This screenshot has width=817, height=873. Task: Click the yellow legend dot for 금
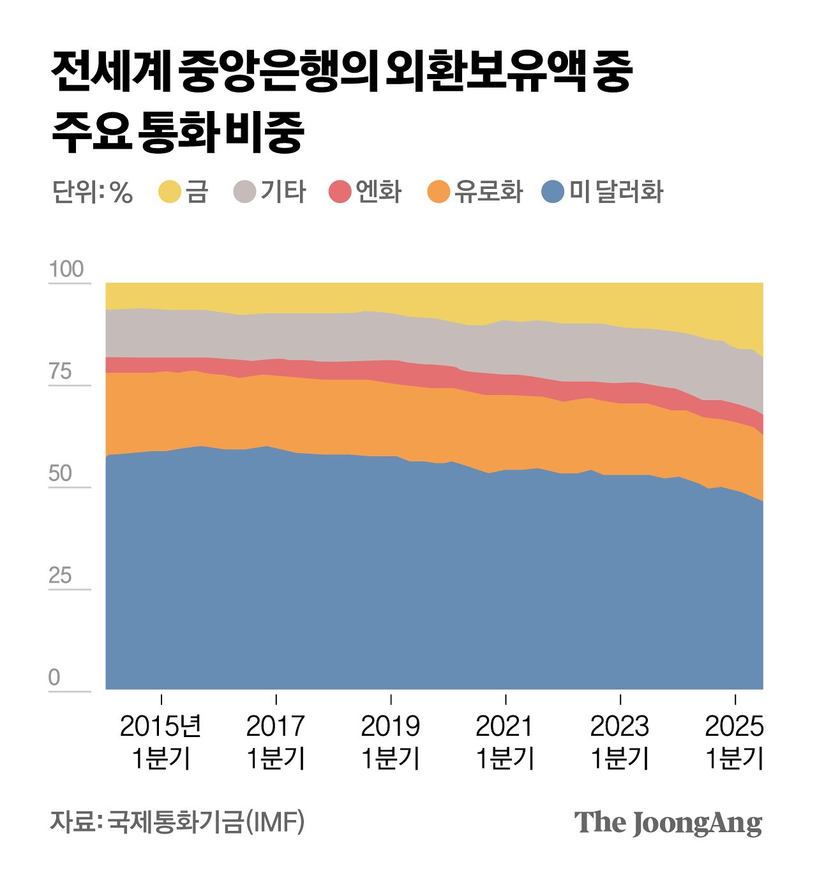pos(170,192)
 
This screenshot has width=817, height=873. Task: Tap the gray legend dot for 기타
pos(244,192)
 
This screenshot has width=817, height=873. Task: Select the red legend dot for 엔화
pos(340,192)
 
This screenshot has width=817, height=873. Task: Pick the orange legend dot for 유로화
pos(439,192)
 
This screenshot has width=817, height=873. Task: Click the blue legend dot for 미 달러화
pos(553,192)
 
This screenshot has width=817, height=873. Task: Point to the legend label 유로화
pos(488,192)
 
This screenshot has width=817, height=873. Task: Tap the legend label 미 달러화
pos(616,192)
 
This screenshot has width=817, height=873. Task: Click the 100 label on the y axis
pos(66,269)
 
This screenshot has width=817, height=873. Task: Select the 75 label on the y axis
pos(60,371)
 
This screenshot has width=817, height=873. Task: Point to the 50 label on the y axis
pos(60,474)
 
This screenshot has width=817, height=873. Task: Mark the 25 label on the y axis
pos(60,576)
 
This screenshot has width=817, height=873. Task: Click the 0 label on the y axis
pos(54,678)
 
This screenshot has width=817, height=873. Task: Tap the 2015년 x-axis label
pos(161,726)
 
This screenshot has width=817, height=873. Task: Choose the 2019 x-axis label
pos(391,726)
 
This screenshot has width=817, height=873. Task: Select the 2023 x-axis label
pos(620,726)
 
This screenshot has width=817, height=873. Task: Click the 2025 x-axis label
pos(734,726)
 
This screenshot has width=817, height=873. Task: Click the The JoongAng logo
pos(668,823)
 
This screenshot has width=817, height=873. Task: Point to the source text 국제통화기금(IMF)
pos(206,822)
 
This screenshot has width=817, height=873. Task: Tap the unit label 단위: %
pos(93,192)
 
